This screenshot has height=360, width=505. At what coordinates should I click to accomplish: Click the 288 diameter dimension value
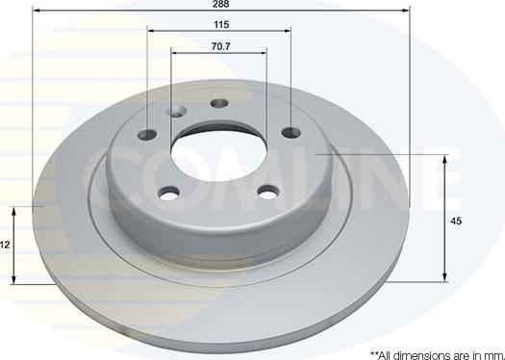point(221,5)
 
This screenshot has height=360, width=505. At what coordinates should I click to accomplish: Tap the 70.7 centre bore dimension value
point(220,44)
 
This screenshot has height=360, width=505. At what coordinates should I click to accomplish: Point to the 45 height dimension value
point(456,220)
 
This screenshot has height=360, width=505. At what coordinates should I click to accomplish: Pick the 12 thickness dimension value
point(5,245)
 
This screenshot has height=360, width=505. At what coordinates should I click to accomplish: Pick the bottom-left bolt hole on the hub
point(171,193)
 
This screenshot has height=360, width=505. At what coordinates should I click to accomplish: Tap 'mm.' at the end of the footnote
point(495,354)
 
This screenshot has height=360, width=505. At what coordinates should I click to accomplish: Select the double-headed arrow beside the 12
point(15,244)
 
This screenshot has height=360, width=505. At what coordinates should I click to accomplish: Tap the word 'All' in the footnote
point(385,354)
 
